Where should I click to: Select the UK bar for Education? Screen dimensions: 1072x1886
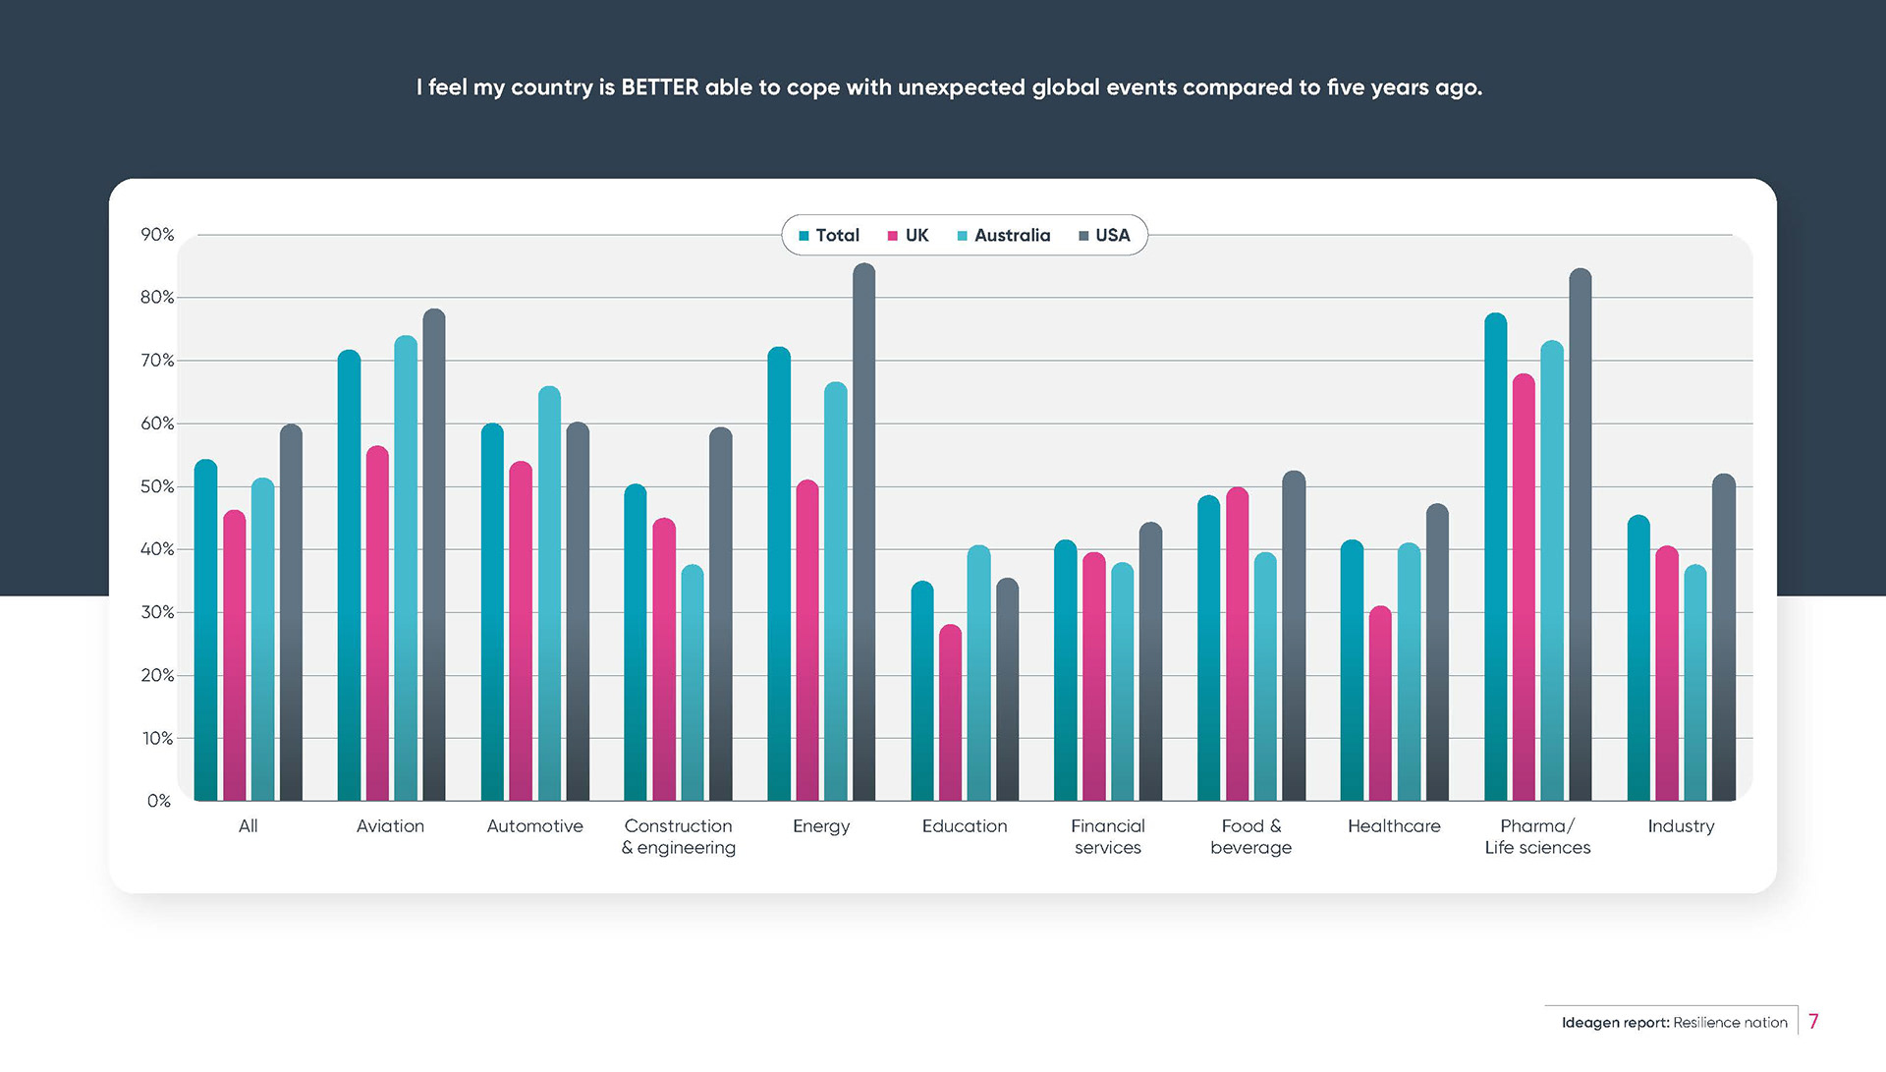click(950, 713)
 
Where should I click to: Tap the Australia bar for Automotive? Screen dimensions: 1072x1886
click(549, 593)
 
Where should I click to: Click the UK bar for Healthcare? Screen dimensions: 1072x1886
click(1380, 704)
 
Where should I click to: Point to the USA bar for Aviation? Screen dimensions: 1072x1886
click(434, 555)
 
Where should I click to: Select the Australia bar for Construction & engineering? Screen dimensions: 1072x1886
click(693, 683)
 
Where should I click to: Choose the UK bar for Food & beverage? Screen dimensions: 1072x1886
click(1238, 645)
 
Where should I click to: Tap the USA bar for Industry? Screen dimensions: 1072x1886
click(1724, 638)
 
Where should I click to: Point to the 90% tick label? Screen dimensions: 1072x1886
click(157, 235)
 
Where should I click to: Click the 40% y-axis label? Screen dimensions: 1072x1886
click(157, 549)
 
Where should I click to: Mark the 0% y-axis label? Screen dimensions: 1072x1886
click(159, 801)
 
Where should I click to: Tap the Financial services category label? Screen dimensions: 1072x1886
click(1108, 837)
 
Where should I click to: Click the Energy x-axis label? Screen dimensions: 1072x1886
click(821, 826)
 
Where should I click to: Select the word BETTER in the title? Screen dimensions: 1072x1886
click(660, 87)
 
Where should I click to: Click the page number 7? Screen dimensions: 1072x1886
click(1813, 1022)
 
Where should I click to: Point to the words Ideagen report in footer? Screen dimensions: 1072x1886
click(1615, 1023)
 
